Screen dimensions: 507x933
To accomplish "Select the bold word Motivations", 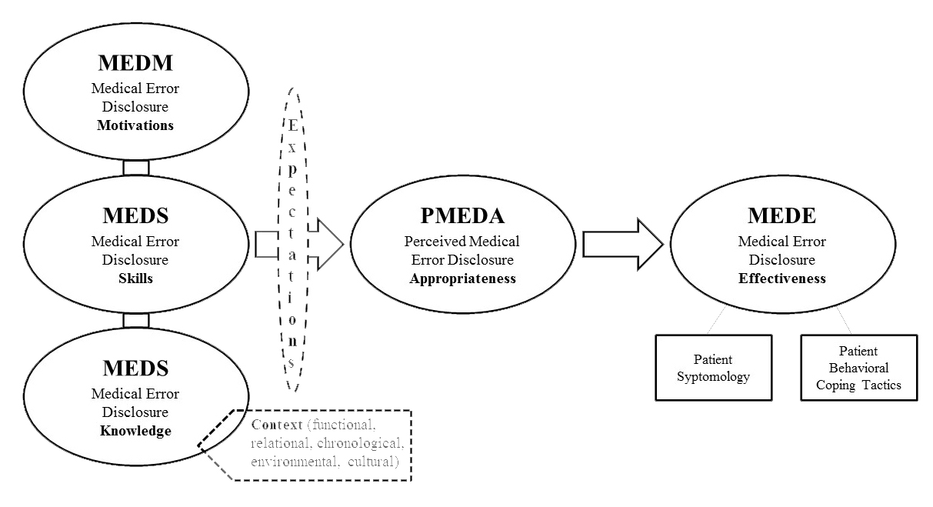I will coord(135,125).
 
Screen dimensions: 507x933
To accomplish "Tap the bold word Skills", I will coord(135,279).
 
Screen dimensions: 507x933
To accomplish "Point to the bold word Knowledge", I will coord(135,431).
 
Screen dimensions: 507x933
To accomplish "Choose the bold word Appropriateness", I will coord(462,279).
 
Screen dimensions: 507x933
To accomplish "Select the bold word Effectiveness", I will coord(782,279).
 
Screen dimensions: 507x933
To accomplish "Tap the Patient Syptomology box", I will coord(712,368).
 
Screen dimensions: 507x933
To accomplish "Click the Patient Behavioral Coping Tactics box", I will coord(859,368).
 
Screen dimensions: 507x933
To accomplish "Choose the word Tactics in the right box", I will coord(882,385).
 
